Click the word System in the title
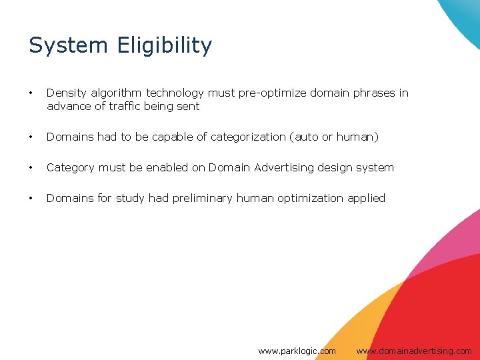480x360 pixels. (x=69, y=45)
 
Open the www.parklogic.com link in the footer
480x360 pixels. (x=297, y=351)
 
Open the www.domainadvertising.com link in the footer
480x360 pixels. (x=413, y=351)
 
